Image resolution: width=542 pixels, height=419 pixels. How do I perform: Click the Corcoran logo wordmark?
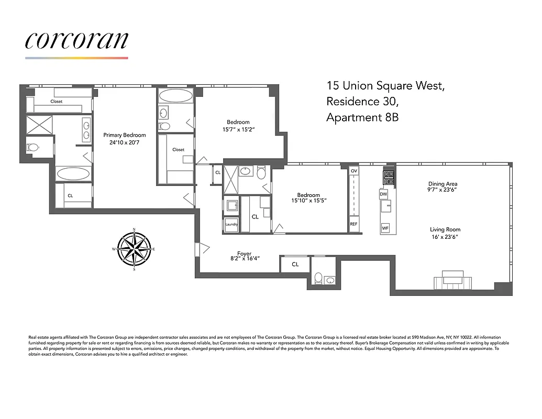[x=76, y=41]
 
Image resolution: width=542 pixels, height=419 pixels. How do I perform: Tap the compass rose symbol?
[x=134, y=249]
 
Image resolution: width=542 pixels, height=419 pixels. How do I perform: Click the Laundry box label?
[x=231, y=224]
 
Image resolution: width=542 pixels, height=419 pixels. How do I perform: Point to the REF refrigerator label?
[x=354, y=224]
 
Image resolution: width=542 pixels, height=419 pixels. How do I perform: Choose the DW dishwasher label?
[x=383, y=194]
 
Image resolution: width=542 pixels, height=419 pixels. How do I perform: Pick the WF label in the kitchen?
[x=385, y=228]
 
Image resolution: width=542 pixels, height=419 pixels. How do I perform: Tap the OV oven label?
[x=354, y=171]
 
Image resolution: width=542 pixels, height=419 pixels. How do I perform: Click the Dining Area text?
[x=443, y=184]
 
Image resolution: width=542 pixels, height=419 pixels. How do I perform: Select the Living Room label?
[x=445, y=229]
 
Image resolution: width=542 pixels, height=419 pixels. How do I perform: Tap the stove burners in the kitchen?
[x=389, y=178]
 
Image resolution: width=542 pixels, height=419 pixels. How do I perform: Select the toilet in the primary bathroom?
[x=33, y=148]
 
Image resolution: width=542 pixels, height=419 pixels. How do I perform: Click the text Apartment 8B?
[x=362, y=117]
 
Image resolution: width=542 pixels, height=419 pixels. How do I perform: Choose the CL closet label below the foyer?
[x=295, y=264]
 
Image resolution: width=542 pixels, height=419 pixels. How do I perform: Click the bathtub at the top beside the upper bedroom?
[x=175, y=96]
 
